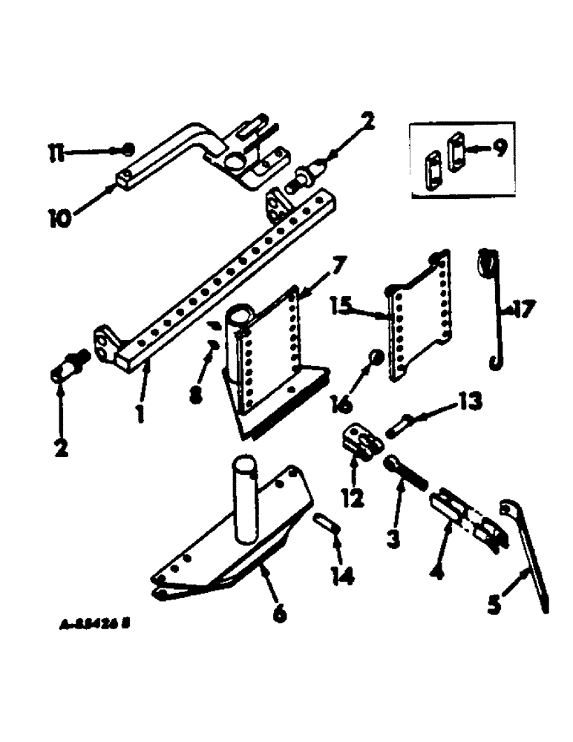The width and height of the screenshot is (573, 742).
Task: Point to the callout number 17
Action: click(522, 309)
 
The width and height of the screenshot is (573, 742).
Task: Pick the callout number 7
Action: click(338, 263)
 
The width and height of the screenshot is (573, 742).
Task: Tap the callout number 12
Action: click(353, 496)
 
